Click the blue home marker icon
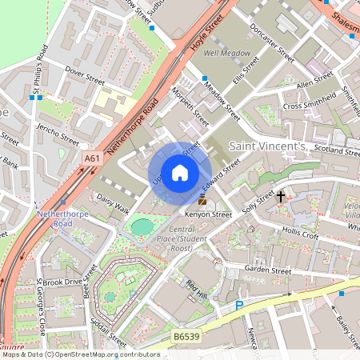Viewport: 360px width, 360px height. tap(180, 173)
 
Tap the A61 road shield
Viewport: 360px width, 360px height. tap(93, 160)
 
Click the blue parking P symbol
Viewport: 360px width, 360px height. tap(238, 306)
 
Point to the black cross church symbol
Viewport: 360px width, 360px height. tap(281, 195)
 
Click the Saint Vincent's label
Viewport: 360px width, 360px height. tap(267, 146)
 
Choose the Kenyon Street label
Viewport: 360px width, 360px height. tap(210, 214)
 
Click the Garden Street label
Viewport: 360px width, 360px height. tap(268, 271)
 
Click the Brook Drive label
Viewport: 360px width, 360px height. tap(63, 282)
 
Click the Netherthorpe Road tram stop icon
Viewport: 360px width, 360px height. tap(63, 202)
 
